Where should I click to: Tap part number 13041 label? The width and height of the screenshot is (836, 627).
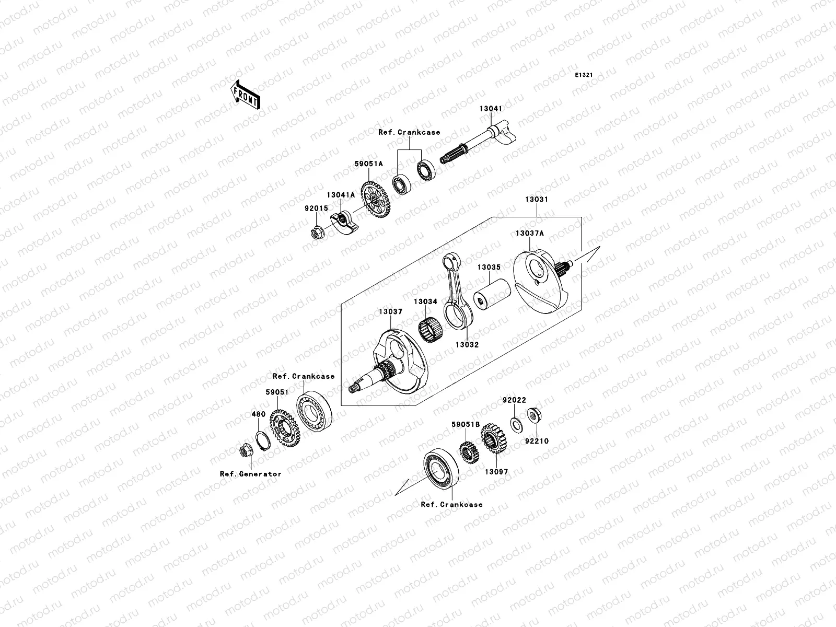491,109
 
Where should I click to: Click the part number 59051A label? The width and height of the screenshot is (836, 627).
369,164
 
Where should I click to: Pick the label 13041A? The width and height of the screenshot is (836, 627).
341,195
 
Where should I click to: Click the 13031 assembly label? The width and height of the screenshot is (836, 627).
537,200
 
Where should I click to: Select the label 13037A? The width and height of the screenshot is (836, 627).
529,234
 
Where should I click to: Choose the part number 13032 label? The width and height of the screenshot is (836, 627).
467,345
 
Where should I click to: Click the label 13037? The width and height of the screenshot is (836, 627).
391,312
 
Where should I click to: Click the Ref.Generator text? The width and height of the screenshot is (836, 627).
250,474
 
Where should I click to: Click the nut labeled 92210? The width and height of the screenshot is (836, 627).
533,416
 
